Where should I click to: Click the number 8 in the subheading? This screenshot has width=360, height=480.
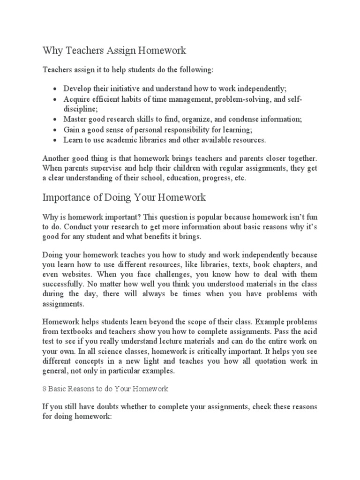44,389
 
